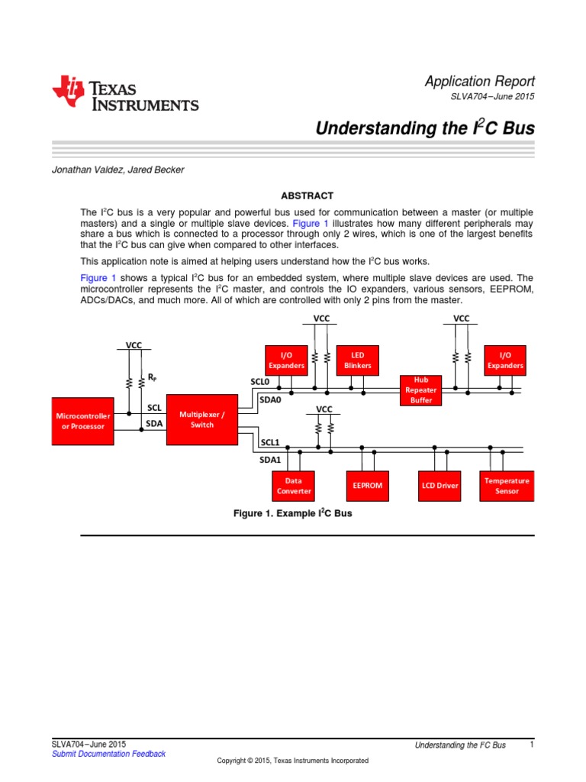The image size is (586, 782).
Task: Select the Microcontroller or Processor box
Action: click(x=83, y=421)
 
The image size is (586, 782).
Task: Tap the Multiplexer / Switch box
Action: click(x=202, y=419)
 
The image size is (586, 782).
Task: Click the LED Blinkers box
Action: click(x=357, y=360)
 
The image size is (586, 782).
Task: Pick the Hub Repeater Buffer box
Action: click(x=421, y=389)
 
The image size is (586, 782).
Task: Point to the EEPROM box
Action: click(x=368, y=485)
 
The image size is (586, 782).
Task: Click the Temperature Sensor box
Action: click(x=507, y=486)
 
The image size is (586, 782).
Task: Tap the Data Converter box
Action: click(x=293, y=486)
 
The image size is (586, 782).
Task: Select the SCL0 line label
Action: click(x=260, y=381)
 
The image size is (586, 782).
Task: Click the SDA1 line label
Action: click(x=271, y=460)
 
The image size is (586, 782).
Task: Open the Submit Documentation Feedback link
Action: click(x=108, y=754)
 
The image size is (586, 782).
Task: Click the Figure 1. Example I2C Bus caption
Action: click(x=292, y=514)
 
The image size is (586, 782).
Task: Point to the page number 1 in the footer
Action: click(x=530, y=744)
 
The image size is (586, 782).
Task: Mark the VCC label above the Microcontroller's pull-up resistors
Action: click(x=134, y=345)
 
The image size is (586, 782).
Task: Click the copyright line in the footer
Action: click(x=292, y=761)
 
